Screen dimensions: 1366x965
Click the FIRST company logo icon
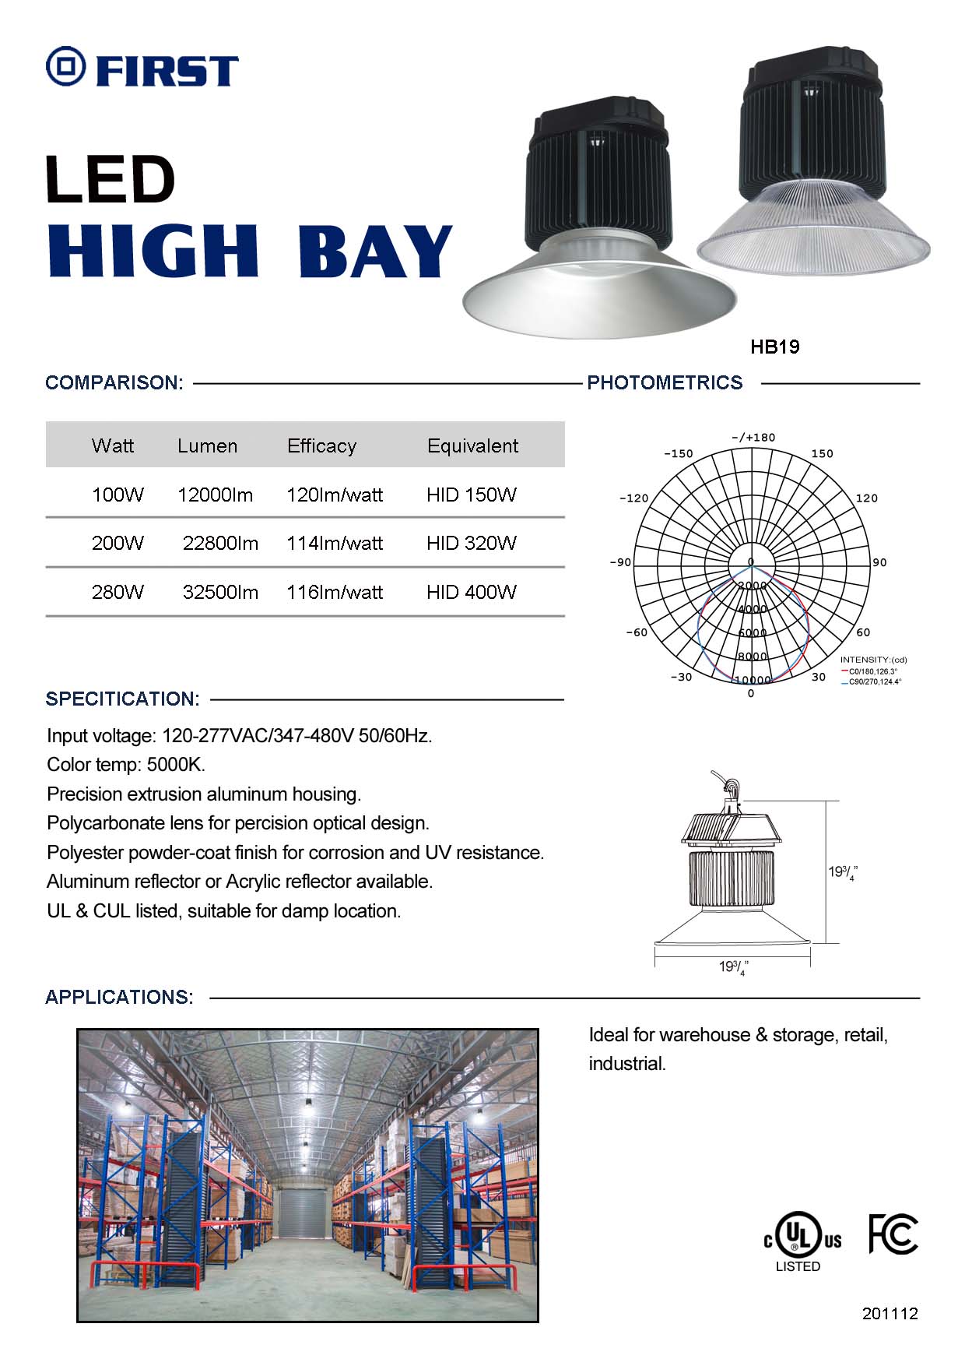coord(65,66)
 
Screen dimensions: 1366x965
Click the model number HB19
coord(774,347)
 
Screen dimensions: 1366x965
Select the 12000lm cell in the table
coord(215,495)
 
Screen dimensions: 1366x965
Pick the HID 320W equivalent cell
coord(471,543)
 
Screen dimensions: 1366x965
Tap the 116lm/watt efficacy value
coord(335,592)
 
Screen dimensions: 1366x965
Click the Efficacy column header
coord(321,445)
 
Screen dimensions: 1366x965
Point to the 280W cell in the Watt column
coord(118,592)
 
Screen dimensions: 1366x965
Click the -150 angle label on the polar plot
coord(678,453)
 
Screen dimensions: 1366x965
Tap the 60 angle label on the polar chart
coord(863,632)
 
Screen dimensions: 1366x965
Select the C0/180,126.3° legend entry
coord(872,671)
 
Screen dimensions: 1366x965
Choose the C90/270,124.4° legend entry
coord(873,681)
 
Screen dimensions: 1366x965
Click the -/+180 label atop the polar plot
coord(753,438)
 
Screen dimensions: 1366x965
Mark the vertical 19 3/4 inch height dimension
coord(842,872)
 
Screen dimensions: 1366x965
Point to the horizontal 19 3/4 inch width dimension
coord(732,967)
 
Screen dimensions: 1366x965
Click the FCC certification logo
coord(893,1234)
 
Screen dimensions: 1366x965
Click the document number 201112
coord(890,1313)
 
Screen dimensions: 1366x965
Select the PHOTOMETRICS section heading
coord(665,382)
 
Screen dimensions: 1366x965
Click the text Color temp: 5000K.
coord(126,764)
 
